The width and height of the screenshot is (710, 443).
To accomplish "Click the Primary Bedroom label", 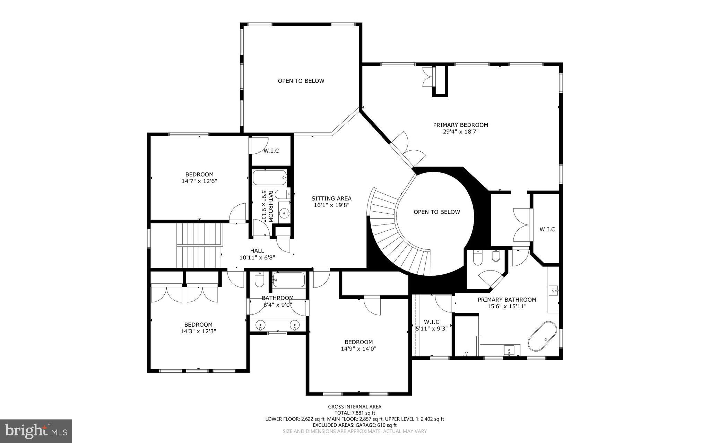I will tap(460, 125).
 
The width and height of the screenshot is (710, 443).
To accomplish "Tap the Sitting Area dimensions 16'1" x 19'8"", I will tap(331, 205).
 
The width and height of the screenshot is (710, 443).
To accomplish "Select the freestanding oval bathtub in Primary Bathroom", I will tap(542, 336).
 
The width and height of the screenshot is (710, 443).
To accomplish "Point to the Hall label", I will tap(257, 251).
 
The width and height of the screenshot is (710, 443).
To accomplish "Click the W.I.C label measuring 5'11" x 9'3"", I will tap(432, 322).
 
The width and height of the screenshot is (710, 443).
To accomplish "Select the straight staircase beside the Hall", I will tap(199, 245).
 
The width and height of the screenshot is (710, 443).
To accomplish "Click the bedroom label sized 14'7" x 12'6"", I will tap(199, 175).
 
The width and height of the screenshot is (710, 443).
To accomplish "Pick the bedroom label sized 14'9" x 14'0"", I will tap(358, 342).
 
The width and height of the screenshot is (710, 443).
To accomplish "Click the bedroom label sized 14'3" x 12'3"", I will tap(198, 325).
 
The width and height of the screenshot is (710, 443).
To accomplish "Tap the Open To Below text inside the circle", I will tap(436, 212).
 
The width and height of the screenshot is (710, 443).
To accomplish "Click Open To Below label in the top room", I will tap(301, 81).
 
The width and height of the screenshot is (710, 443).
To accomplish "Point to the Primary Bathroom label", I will tap(506, 300).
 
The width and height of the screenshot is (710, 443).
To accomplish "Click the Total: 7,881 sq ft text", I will tap(355, 413).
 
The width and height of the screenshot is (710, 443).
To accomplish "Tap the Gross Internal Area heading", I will tap(355, 407).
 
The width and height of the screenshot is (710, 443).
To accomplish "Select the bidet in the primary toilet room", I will tap(495, 256).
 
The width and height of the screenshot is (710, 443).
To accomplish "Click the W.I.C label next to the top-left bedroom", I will tap(271, 151).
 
